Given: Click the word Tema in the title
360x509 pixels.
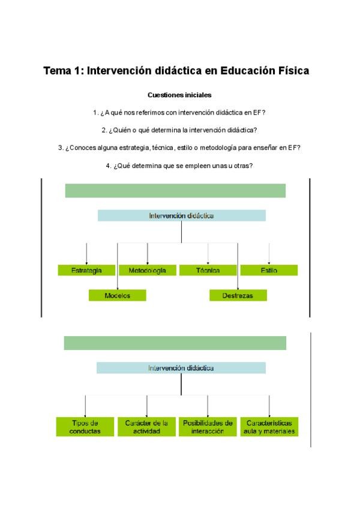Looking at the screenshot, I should [x=57, y=71].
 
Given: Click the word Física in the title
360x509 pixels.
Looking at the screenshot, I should [x=292, y=71].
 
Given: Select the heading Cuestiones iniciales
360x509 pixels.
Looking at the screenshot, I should [x=179, y=95].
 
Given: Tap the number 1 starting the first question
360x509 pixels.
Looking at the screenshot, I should [x=95, y=112].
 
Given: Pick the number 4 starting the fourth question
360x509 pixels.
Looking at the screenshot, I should [x=108, y=165].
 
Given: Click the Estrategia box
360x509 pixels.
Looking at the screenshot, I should [x=86, y=270].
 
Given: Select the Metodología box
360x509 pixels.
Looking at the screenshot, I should [x=147, y=270].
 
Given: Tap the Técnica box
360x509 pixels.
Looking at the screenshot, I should [x=208, y=270].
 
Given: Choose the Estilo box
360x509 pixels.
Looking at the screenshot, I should [x=269, y=270].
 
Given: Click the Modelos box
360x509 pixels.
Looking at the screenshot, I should [x=117, y=295].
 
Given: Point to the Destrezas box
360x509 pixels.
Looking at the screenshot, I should [x=238, y=295].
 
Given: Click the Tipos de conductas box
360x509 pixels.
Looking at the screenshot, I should [x=85, y=427].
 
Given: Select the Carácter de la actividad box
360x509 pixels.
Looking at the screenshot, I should [x=147, y=427].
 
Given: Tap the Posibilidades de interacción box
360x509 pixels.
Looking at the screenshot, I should [x=208, y=427].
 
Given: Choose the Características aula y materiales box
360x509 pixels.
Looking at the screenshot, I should [x=269, y=427].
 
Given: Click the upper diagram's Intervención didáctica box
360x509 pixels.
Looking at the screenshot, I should [x=181, y=215].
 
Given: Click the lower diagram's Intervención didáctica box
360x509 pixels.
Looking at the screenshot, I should [x=181, y=368].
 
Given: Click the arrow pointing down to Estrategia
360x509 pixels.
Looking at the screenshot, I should [x=86, y=253].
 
